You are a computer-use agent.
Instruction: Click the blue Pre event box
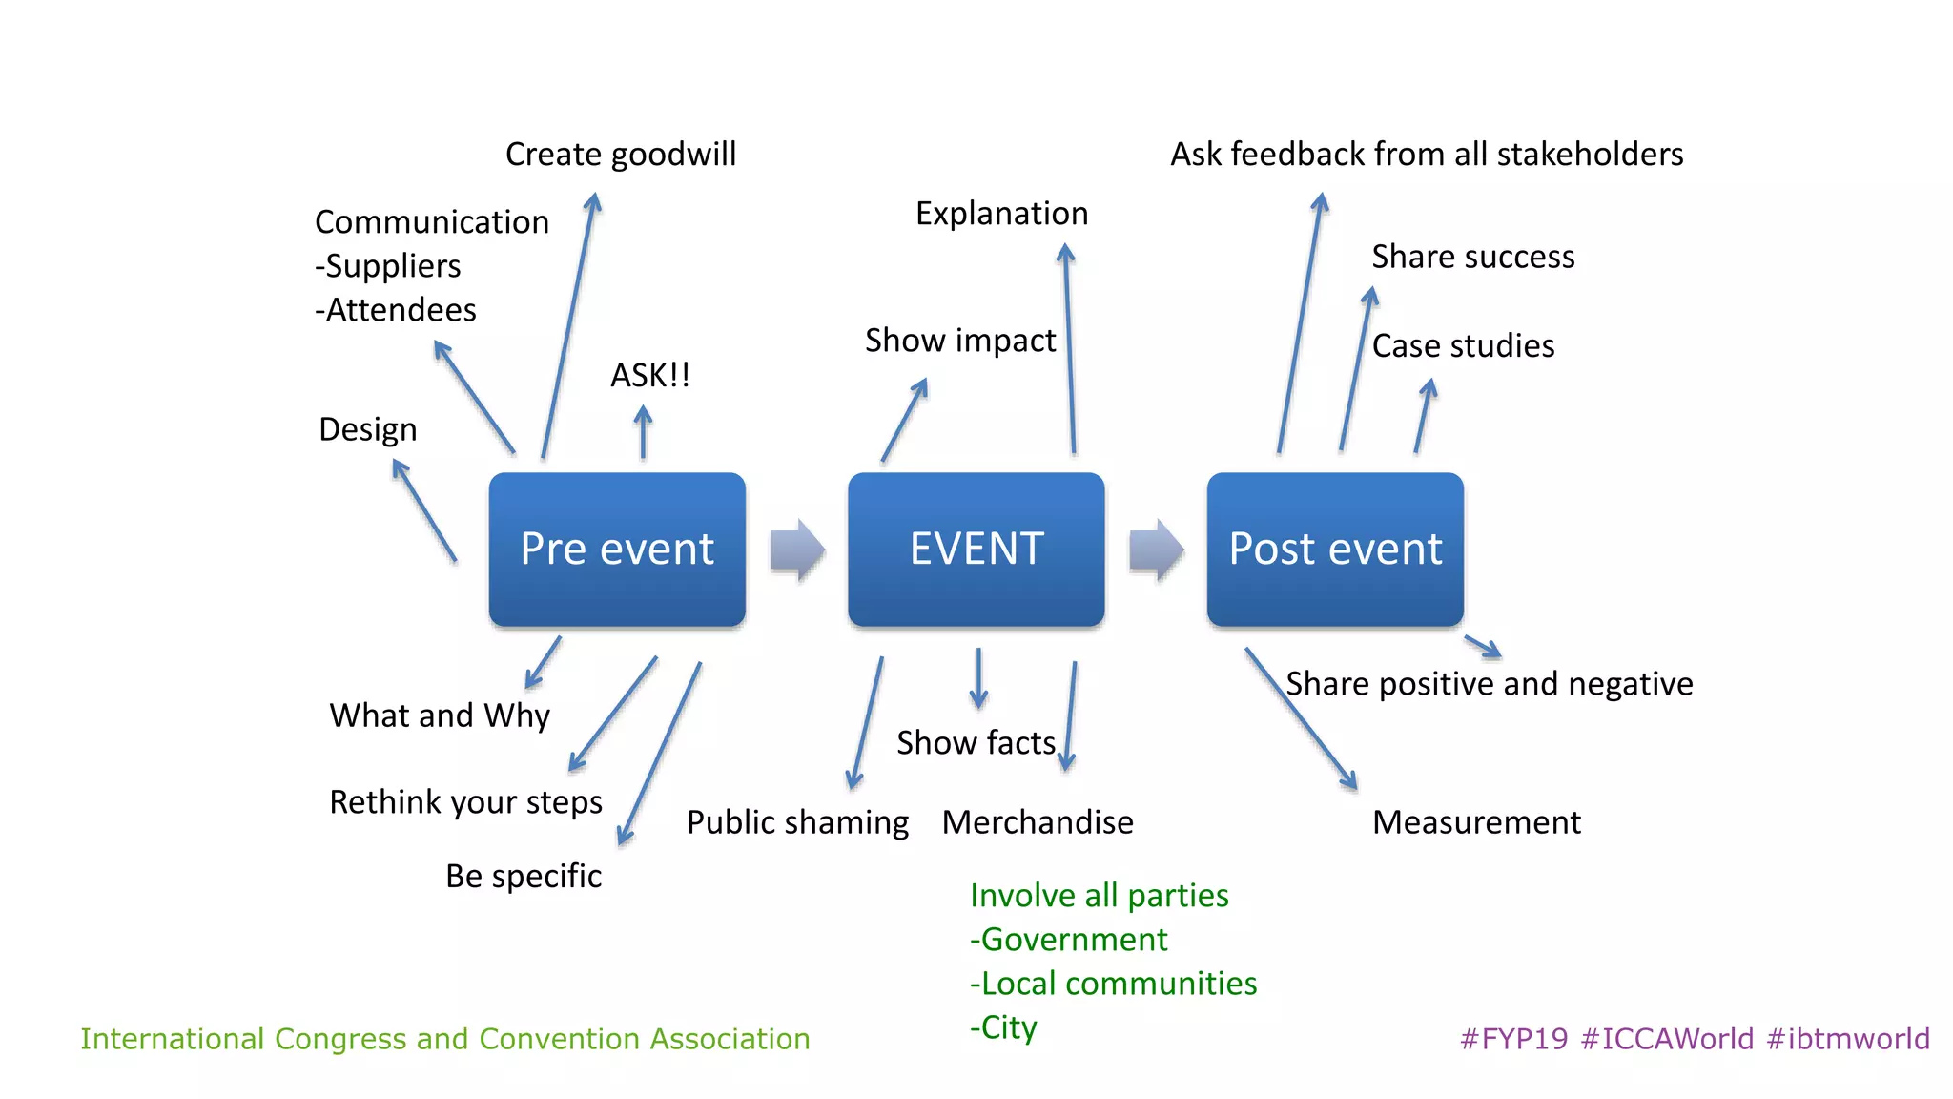coord(617,549)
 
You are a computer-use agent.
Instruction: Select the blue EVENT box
coord(976,549)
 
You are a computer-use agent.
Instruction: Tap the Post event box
coord(1334,549)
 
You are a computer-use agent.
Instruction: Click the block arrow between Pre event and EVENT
coord(797,550)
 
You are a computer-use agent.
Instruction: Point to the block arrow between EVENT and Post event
coord(1156,550)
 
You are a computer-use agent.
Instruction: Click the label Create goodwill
coord(621,154)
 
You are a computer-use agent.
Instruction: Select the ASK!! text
coord(650,375)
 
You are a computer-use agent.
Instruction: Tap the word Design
coord(368,429)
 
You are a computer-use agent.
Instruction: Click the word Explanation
coord(1001,213)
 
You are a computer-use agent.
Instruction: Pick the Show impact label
coord(960,341)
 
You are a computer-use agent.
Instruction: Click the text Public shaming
coord(797,822)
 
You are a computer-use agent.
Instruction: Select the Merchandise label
coord(1038,822)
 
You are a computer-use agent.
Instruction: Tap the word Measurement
coord(1476,822)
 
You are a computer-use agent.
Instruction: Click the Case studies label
coord(1463,345)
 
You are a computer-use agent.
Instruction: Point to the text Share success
coord(1473,257)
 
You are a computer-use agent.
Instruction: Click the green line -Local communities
coord(1114,984)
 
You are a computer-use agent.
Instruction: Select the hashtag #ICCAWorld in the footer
coord(1667,1039)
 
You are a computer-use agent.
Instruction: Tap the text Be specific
coord(524,876)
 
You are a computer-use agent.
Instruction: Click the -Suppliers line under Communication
coord(388,266)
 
